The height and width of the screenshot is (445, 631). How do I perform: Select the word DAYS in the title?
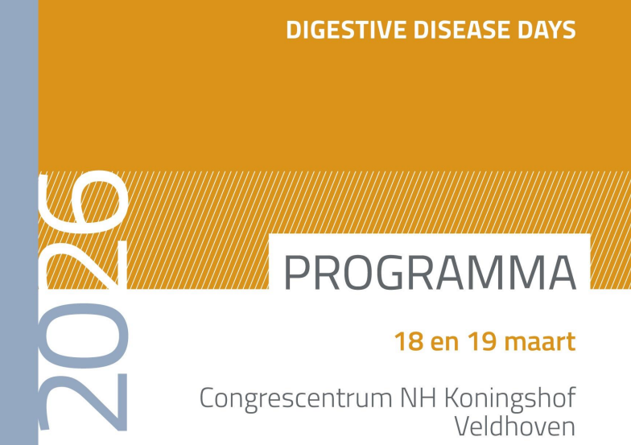[x=546, y=31]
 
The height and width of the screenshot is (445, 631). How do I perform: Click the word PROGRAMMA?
[x=430, y=274]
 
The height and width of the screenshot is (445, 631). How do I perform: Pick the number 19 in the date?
[x=480, y=341]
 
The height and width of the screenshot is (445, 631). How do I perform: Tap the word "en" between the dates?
[x=444, y=343]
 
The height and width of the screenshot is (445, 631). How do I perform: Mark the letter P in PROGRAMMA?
[x=298, y=274]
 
